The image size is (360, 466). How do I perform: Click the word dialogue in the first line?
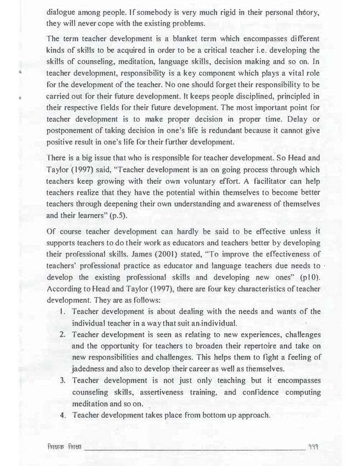(x=64, y=11)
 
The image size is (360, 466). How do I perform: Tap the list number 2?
(x=63, y=335)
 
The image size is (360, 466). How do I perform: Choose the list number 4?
(x=63, y=416)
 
